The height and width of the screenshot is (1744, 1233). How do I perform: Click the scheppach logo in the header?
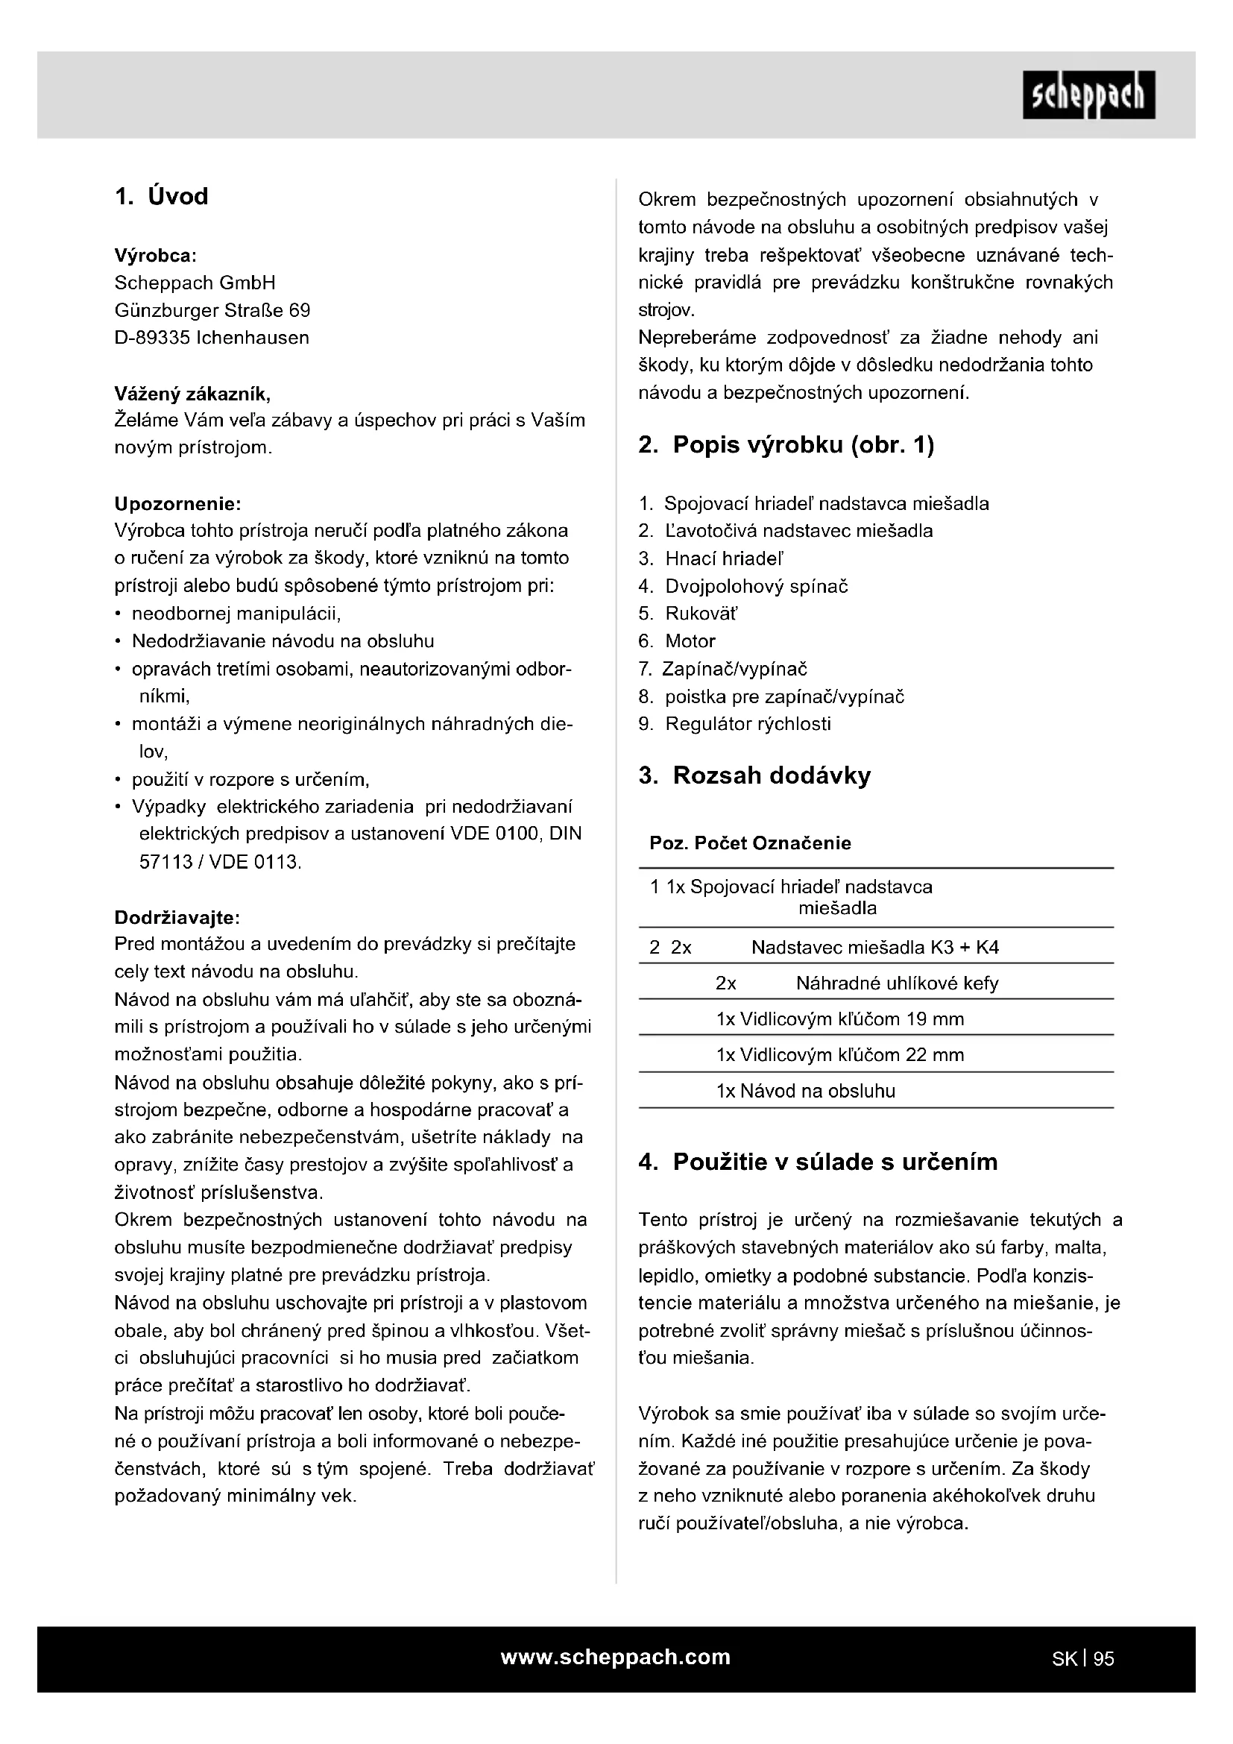[1088, 95]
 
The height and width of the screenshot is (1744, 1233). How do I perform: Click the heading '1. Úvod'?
[161, 197]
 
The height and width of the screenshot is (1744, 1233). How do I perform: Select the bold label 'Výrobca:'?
[156, 255]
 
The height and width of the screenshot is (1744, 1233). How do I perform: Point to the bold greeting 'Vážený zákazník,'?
[192, 394]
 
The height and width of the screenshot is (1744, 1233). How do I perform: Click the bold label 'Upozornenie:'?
[177, 503]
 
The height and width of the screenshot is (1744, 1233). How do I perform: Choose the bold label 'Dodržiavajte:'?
[177, 918]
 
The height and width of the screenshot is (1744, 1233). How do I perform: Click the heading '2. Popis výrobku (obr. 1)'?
[786, 445]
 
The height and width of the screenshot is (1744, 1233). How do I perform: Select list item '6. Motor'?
[677, 641]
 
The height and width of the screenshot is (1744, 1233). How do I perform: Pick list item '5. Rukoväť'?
[688, 614]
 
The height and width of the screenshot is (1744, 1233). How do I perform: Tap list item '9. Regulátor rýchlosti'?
[735, 724]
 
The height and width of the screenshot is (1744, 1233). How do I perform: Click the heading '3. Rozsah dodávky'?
[754, 775]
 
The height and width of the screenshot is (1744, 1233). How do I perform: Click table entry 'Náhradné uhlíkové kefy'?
[897, 983]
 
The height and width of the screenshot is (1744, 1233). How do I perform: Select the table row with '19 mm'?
[839, 1019]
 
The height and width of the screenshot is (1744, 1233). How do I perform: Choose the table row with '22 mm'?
[839, 1055]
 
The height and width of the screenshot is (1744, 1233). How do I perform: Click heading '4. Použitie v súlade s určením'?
[818, 1162]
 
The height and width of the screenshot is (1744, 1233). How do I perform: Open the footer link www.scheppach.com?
[616, 1657]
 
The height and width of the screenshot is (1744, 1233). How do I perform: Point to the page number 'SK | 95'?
[1082, 1659]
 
